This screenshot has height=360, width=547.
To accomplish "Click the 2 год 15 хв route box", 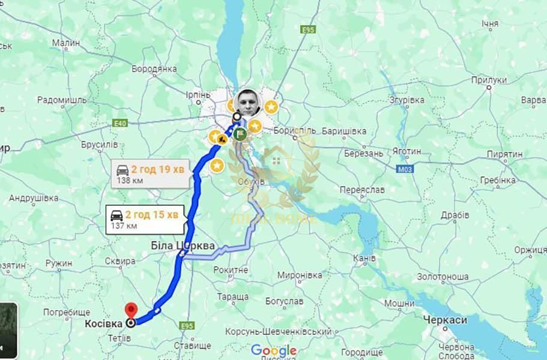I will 143,219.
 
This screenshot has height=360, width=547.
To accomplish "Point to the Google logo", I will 274,350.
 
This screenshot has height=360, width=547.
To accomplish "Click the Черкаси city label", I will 444,320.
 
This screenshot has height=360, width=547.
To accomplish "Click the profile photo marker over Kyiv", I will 248,104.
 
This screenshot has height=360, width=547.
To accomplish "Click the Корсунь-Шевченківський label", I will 279,331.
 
